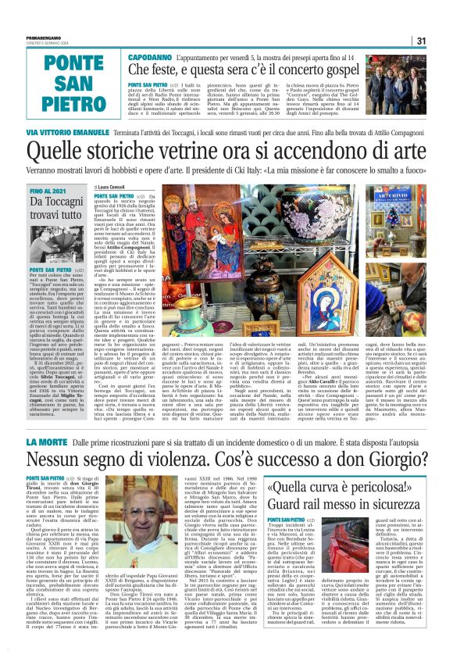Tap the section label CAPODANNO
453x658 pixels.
(149, 59)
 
